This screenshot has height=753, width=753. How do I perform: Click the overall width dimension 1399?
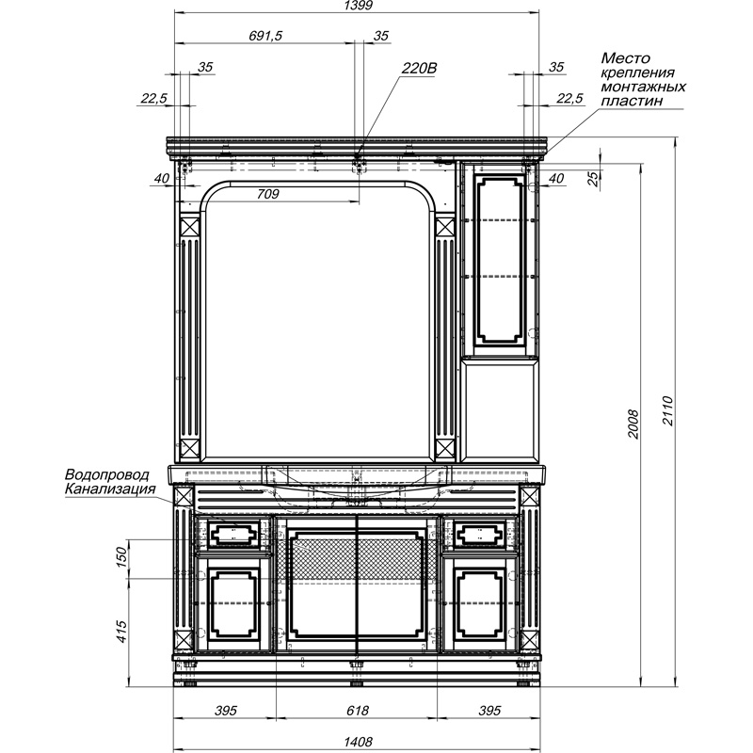click(359, 6)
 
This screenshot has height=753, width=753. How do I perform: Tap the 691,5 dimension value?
click(265, 36)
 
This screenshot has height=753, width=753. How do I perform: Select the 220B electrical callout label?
click(419, 68)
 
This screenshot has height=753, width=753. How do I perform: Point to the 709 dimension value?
click(268, 194)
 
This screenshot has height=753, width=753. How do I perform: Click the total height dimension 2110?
click(668, 410)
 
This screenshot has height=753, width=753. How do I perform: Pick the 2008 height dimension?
click(633, 424)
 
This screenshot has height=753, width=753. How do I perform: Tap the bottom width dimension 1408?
click(358, 742)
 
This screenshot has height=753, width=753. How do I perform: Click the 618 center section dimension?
click(358, 711)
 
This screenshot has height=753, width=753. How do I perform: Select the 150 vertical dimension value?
click(121, 556)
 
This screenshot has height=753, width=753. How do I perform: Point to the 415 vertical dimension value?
click(121, 632)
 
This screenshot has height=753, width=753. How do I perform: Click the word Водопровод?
click(107, 475)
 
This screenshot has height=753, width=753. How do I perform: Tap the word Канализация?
click(110, 489)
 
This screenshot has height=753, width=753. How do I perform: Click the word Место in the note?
click(625, 58)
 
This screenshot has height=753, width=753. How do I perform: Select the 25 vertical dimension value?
click(594, 179)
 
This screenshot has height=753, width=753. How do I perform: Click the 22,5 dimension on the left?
click(153, 99)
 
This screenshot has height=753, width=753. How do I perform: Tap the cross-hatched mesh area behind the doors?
click(358, 558)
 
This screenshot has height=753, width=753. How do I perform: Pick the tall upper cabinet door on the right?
click(499, 260)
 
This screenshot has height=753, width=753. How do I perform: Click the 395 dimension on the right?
click(489, 711)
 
